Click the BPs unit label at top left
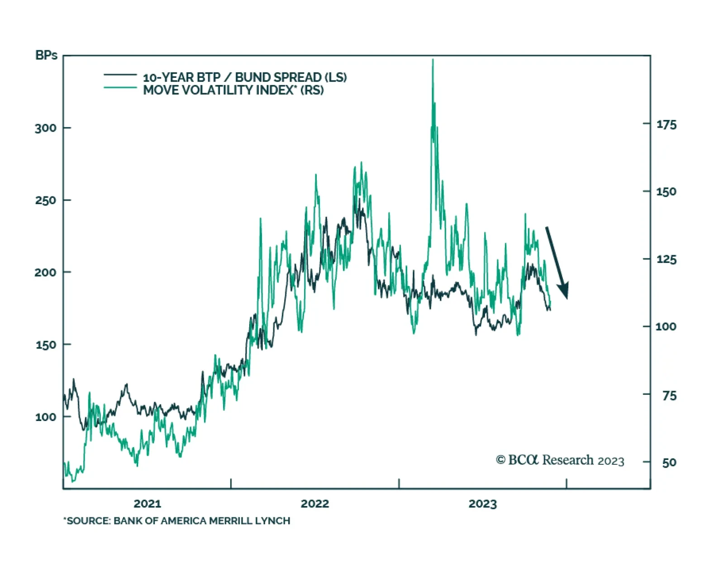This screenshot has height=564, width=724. (x=46, y=55)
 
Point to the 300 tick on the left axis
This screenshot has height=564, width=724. (x=46, y=128)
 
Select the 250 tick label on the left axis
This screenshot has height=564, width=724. (x=46, y=200)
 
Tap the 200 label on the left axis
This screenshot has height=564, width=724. (x=46, y=272)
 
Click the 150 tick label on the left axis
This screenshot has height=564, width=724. (x=46, y=344)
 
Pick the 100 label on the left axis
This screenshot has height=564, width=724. (x=46, y=417)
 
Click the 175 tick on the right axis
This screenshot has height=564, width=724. (x=666, y=124)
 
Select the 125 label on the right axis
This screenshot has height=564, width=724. (x=666, y=259)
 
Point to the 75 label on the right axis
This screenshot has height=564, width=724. (x=669, y=396)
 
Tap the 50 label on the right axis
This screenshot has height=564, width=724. (x=669, y=463)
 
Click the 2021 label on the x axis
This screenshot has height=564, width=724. (x=148, y=503)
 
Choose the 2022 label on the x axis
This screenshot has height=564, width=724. (x=315, y=503)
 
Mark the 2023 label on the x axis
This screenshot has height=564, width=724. (x=482, y=503)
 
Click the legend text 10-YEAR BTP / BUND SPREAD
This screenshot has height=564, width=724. (x=245, y=77)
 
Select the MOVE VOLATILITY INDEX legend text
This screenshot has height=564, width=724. (x=233, y=90)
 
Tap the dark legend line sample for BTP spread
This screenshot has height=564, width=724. (x=120, y=75)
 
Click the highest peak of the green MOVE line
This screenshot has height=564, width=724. (x=433, y=60)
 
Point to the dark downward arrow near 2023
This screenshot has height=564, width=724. (x=557, y=263)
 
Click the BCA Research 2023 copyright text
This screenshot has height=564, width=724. (x=560, y=460)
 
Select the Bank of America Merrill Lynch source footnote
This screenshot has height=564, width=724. (x=177, y=521)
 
